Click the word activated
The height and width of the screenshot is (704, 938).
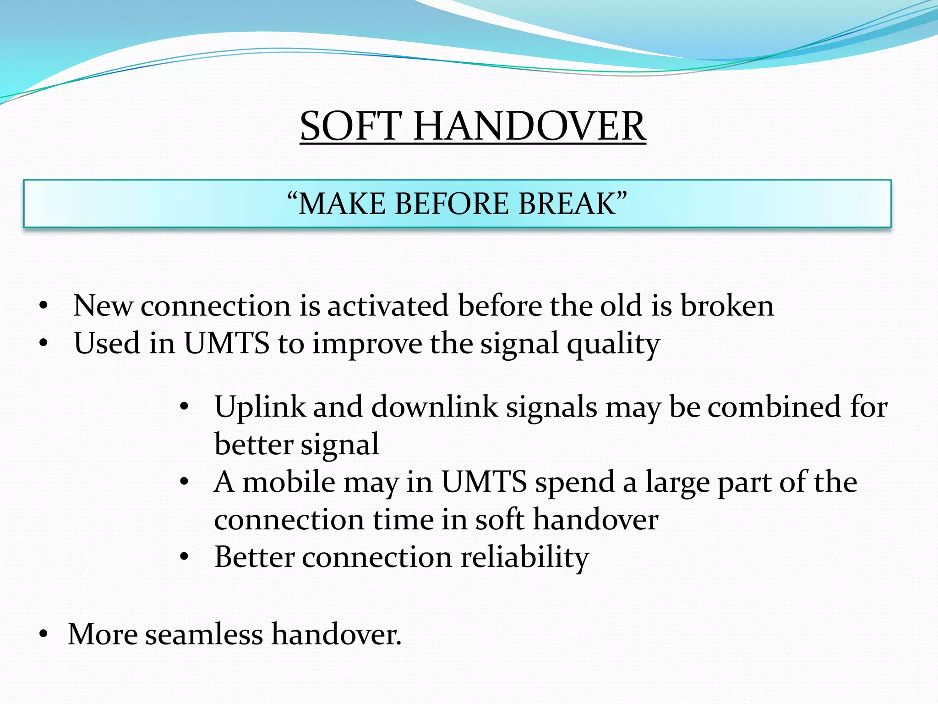(387, 306)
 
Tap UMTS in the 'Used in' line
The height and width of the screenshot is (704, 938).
(227, 343)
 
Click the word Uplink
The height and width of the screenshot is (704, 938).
(260, 407)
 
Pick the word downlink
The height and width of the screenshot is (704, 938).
(434, 407)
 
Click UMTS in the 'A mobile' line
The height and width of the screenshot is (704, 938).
(484, 482)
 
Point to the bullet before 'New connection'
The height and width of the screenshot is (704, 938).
(44, 306)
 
